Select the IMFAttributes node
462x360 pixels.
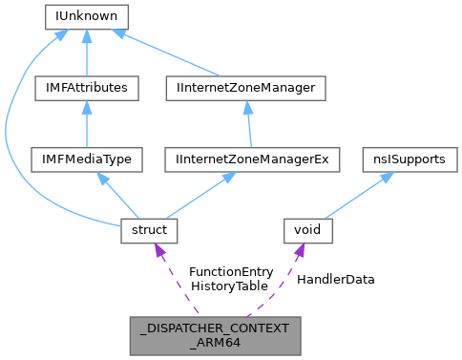[87, 88]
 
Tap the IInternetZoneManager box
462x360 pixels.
[246, 88]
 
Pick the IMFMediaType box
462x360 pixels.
[87, 159]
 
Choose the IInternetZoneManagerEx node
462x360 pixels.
[252, 159]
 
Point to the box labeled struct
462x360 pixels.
[144, 230]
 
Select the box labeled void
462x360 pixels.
[308, 230]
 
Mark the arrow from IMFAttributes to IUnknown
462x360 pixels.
[87, 53]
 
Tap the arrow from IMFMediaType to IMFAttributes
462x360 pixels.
[87, 124]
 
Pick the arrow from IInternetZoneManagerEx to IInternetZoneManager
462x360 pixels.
[249, 124]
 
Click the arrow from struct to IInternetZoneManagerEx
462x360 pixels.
[196, 196]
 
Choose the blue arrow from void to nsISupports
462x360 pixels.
[355, 196]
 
